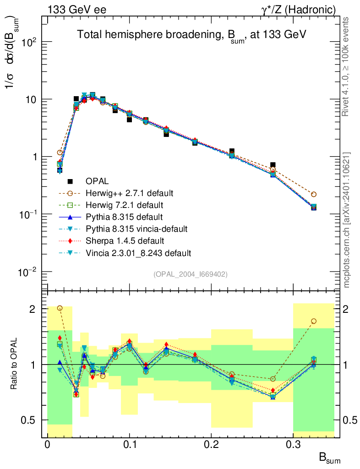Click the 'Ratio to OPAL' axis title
[14, 364]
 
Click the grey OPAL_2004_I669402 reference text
[191, 274]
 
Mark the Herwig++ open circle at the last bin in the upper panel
[314, 194]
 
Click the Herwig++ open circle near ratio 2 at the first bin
[60, 308]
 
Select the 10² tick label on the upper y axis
[28, 42]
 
